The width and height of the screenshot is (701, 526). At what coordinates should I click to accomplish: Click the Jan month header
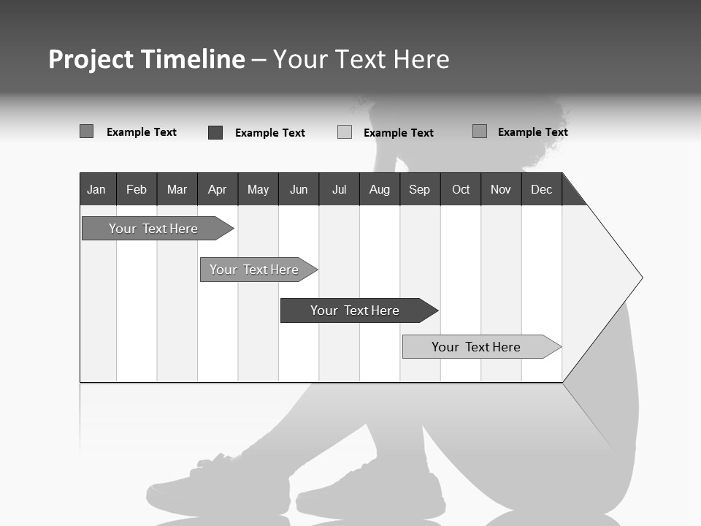[x=96, y=190]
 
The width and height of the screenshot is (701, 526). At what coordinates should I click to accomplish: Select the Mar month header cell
[x=177, y=190]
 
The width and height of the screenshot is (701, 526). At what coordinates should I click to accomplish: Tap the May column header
[x=258, y=190]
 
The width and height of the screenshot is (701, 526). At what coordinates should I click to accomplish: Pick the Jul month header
[x=339, y=190]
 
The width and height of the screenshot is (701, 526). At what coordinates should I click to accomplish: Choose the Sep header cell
[x=419, y=190]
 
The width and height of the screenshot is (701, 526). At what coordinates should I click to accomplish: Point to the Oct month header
[x=461, y=190]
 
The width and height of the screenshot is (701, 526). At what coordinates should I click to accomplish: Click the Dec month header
[x=541, y=190]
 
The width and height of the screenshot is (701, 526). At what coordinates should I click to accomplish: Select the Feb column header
[x=137, y=190]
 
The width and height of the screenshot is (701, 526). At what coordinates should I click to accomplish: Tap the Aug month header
[x=379, y=190]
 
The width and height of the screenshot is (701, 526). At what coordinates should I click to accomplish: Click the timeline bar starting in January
[x=153, y=229]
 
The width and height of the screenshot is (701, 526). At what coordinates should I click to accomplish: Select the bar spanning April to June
[x=254, y=270]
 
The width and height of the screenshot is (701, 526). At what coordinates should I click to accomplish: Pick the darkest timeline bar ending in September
[x=355, y=310]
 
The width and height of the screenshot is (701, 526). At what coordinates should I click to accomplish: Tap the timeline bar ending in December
[x=476, y=347]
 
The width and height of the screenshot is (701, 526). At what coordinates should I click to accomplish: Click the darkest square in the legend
[x=215, y=132]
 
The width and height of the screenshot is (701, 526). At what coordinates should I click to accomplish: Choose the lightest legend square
[x=345, y=132]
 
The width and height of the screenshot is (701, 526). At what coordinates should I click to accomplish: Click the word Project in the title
[x=91, y=59]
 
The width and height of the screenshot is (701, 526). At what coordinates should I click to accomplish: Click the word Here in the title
[x=421, y=59]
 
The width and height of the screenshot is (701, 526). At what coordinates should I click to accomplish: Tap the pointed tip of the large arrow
[x=640, y=278]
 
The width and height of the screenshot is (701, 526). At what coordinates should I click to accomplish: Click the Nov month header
[x=501, y=190]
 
